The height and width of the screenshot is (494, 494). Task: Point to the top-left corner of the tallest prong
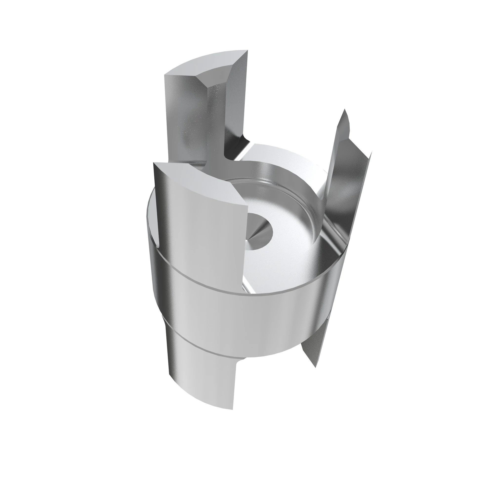click(x=165, y=74)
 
